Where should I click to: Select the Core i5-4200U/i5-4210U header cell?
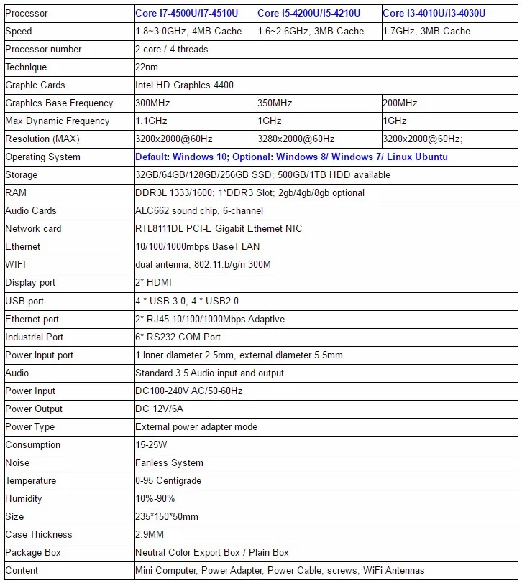[x=309, y=13]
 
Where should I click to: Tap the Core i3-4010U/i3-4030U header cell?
[x=434, y=13]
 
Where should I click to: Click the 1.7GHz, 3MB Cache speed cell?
[x=426, y=31]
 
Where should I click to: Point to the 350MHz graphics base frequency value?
[x=275, y=103]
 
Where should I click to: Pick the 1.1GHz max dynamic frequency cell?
[x=152, y=121]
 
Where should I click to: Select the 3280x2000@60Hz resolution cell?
[x=296, y=139]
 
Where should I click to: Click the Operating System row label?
[x=42, y=157]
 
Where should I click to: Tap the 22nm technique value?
[x=147, y=67]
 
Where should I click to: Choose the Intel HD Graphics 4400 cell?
[x=184, y=85]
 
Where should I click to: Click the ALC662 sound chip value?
[x=199, y=210]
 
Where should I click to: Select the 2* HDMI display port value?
[x=153, y=282]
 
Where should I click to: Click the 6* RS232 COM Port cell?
[x=178, y=337]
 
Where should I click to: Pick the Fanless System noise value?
[x=169, y=462]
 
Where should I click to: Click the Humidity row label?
[x=24, y=498]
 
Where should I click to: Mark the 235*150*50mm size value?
[x=167, y=516]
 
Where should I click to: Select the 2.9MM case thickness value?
[x=150, y=534]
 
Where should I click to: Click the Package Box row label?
[x=33, y=552]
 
